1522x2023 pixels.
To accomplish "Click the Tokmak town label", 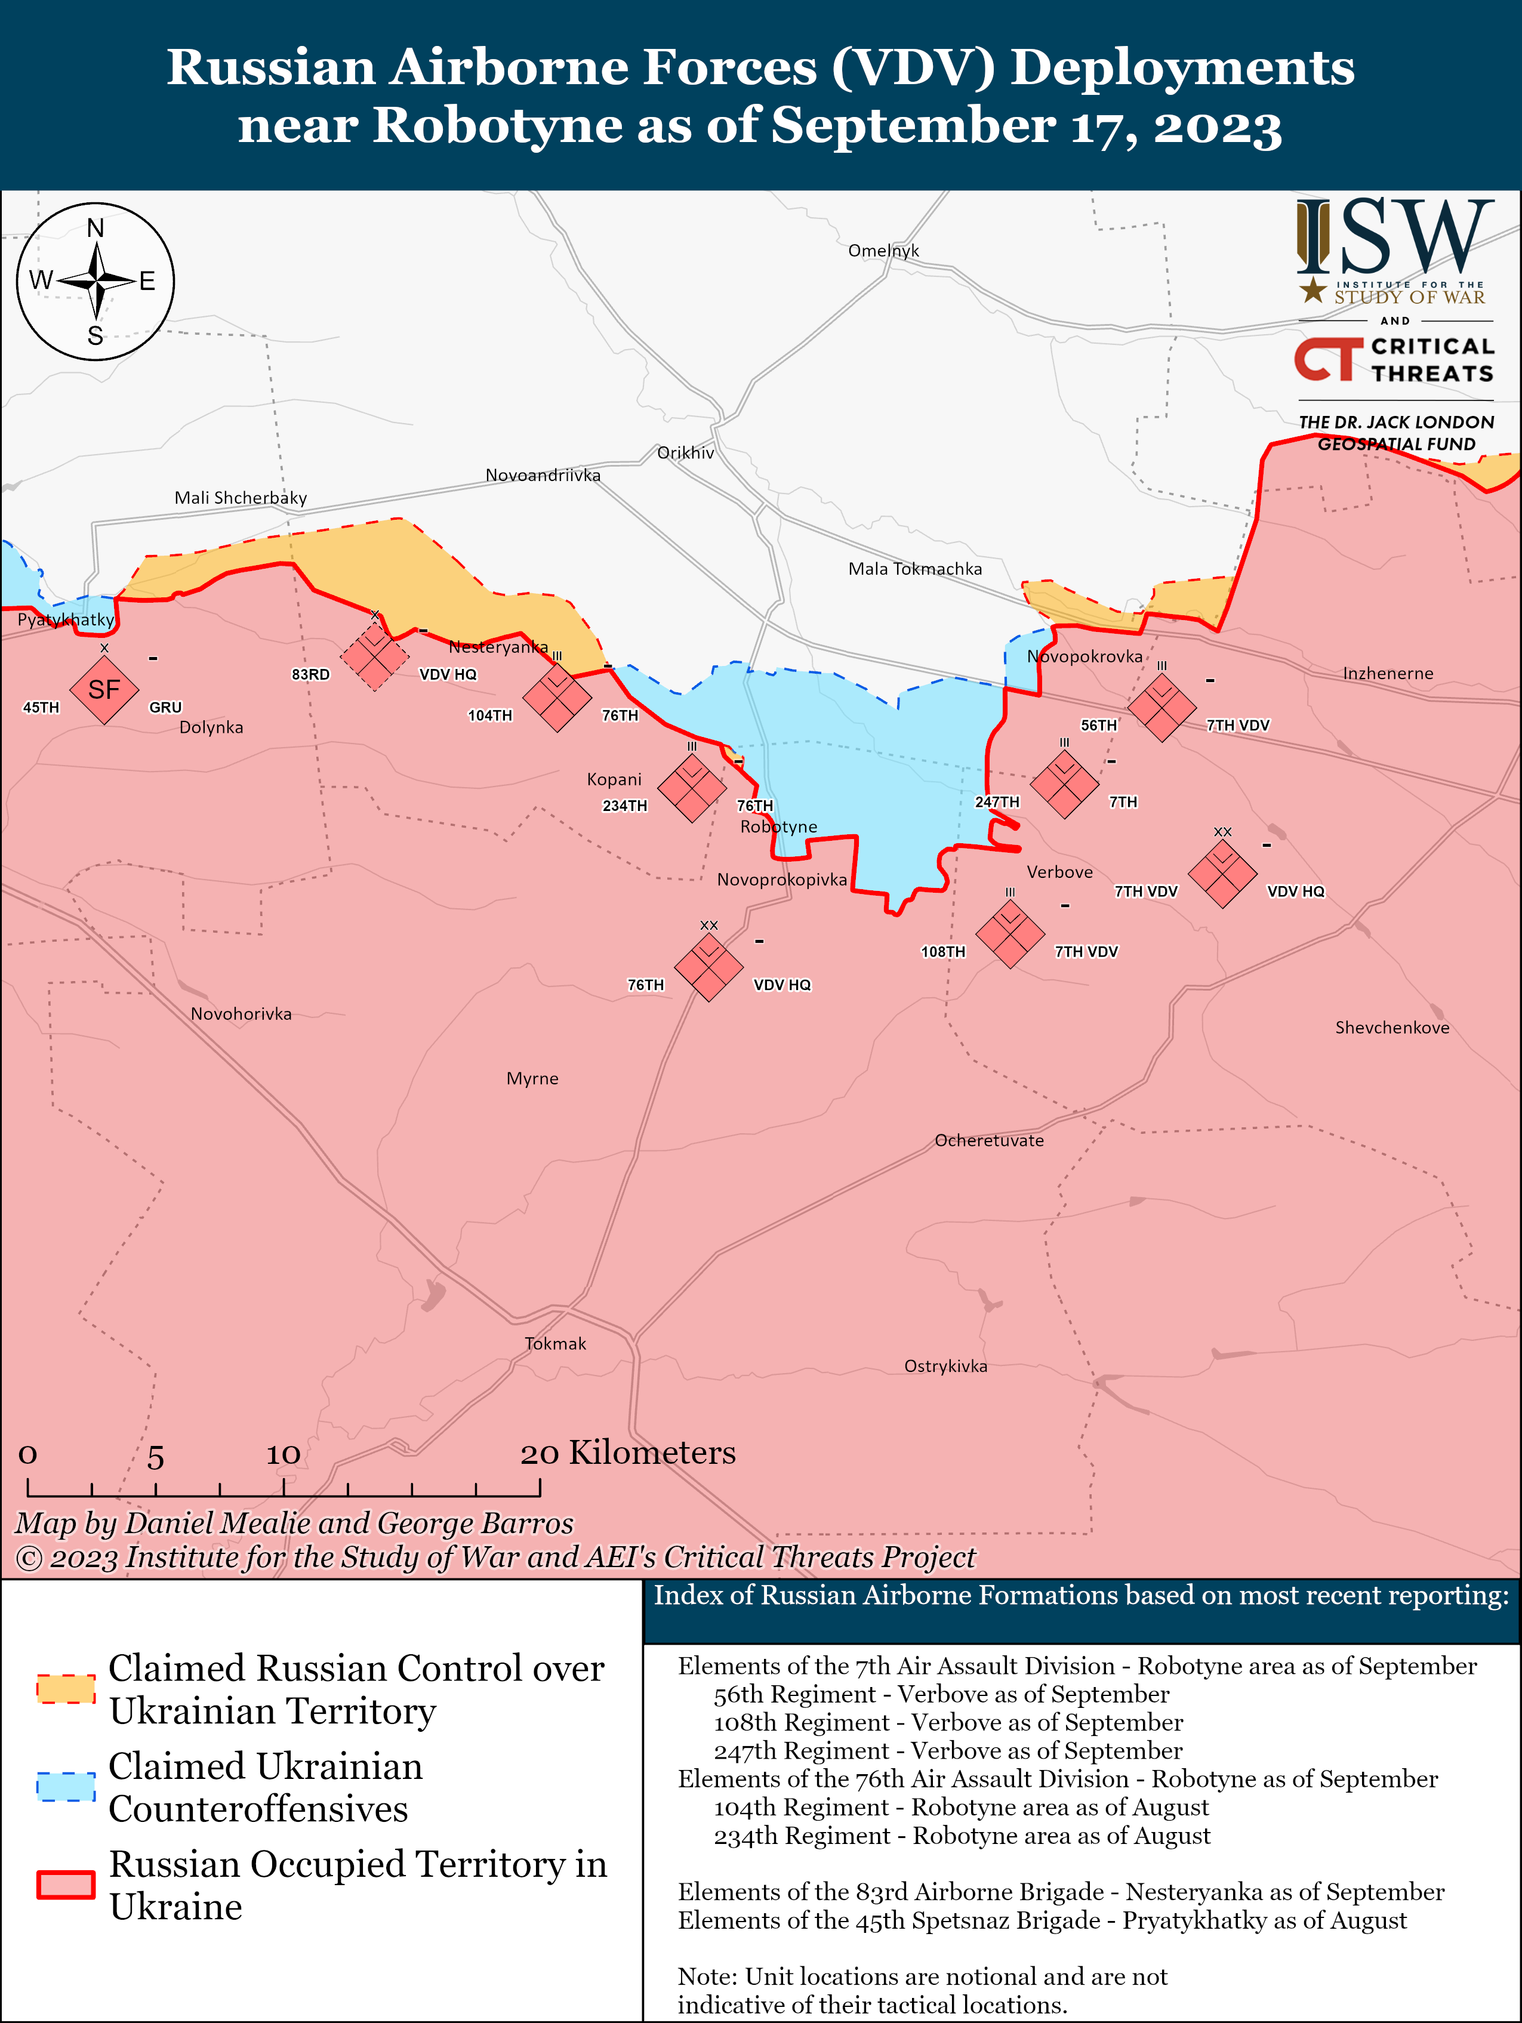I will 555,1343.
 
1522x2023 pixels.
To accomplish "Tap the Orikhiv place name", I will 685,453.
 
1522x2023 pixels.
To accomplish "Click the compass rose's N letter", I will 95,229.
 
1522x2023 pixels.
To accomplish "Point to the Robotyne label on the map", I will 778,827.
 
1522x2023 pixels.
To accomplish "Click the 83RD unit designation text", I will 310,674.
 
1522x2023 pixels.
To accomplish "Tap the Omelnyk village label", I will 883,251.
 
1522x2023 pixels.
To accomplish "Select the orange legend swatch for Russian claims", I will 66,1688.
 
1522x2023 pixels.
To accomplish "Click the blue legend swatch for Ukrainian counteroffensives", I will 66,1786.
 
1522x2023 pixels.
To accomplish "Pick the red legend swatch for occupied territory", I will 66,1884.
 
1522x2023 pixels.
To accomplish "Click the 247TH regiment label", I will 996,802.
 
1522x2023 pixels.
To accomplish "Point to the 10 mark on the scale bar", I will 283,1454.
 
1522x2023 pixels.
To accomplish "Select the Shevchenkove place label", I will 1391,1028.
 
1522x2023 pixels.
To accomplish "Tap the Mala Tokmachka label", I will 914,569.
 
